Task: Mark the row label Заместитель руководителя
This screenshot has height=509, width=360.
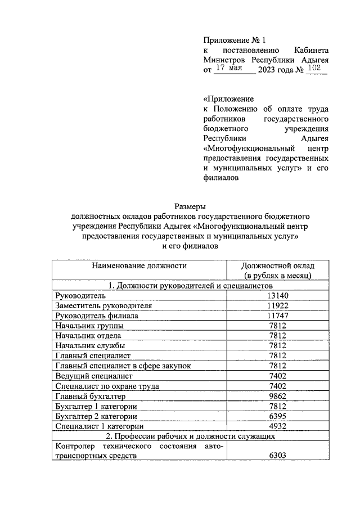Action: click(103, 305)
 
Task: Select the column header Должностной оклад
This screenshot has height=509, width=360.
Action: click(277, 265)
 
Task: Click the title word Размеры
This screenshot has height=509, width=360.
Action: click(190, 206)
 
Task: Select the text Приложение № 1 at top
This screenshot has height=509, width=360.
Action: click(233, 40)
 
